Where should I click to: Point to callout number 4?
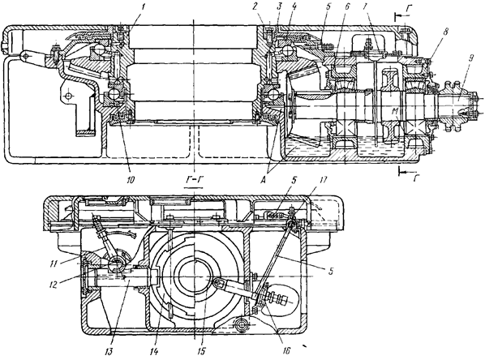(x=294, y=6)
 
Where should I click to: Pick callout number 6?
(x=347, y=6)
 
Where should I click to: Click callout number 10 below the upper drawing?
(x=131, y=180)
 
